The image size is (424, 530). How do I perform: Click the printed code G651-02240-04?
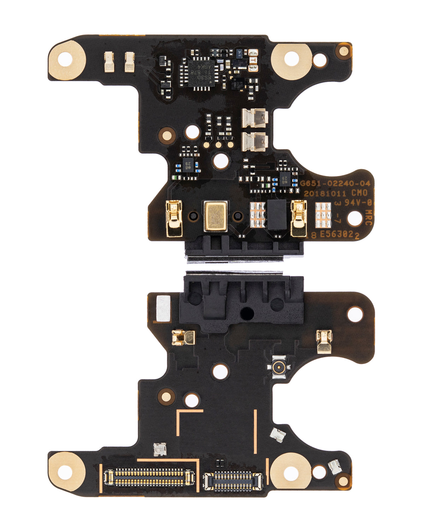coord(335,184)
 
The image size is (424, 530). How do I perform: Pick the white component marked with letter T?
coord(253,60)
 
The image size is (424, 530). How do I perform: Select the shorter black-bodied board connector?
coord(233,481)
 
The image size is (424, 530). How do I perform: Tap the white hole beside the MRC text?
coord(355,218)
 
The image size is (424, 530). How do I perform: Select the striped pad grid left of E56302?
coord(323,215)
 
